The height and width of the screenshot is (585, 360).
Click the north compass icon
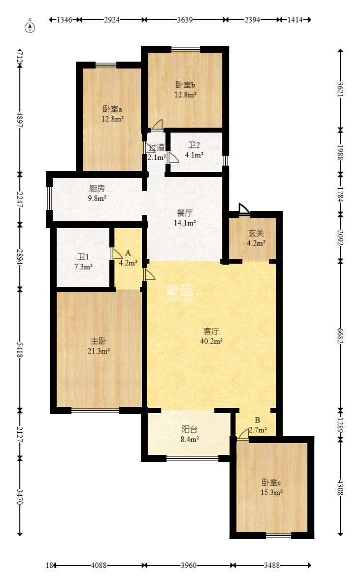point(31,27)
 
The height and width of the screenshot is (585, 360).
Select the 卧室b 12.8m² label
point(187,89)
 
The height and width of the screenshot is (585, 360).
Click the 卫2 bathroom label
point(194,150)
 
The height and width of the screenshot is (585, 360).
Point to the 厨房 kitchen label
point(97,193)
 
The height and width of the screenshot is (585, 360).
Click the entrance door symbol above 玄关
point(243,209)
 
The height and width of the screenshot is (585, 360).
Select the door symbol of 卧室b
point(157,125)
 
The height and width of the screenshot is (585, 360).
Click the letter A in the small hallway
point(128,253)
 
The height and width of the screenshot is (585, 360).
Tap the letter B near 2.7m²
point(257,420)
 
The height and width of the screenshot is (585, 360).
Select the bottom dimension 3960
point(189,566)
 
